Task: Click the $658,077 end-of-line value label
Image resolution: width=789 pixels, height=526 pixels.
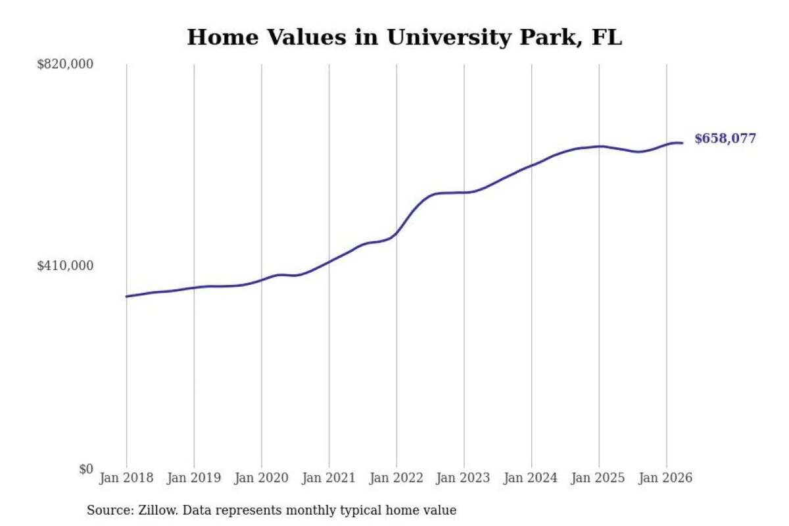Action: [725, 139]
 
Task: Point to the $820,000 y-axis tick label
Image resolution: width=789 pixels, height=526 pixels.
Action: [65, 64]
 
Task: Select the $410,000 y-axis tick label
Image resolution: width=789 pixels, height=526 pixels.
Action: [65, 266]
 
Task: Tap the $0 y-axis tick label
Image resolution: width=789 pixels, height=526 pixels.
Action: [86, 469]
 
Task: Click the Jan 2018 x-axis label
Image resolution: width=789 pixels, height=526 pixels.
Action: [126, 478]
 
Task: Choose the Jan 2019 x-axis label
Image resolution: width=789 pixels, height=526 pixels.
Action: [194, 478]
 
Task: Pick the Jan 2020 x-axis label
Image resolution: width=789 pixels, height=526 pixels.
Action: [262, 478]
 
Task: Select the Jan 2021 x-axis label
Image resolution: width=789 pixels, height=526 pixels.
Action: [329, 478]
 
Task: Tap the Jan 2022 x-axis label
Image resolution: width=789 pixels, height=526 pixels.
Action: [396, 478]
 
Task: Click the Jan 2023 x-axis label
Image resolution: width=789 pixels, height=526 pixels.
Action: [463, 478]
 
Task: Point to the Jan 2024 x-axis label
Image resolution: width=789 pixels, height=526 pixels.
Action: [531, 478]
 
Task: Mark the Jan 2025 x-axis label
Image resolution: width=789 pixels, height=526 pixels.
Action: [598, 478]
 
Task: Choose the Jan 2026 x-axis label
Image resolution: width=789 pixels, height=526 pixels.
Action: [665, 478]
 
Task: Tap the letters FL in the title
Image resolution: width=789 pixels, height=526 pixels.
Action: [607, 37]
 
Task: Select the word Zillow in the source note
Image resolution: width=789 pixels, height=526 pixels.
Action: [158, 510]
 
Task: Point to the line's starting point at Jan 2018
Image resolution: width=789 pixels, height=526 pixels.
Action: [127, 297]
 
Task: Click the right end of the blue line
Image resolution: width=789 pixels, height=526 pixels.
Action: [682, 143]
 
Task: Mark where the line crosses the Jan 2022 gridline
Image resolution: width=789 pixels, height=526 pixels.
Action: [396, 233]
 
